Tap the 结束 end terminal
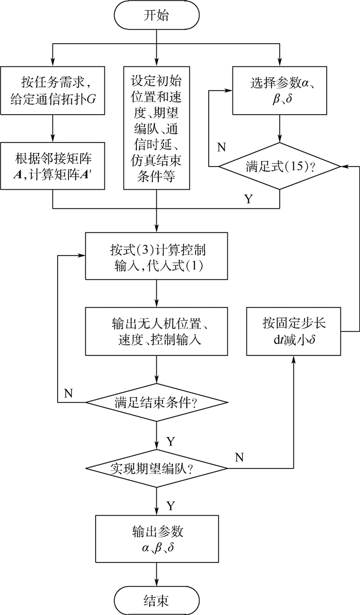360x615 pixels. click(x=156, y=600)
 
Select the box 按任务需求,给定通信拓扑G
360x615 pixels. click(x=52, y=90)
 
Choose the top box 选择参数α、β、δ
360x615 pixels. click(x=280, y=90)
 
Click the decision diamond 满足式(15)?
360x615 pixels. click(x=280, y=167)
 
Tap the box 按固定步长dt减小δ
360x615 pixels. click(x=293, y=332)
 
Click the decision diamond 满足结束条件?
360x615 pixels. click(x=156, y=402)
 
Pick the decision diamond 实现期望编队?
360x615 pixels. click(x=156, y=468)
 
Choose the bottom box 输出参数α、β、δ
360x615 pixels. click(x=156, y=539)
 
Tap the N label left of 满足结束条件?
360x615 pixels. click(x=68, y=393)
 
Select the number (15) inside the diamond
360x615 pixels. click(x=295, y=167)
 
